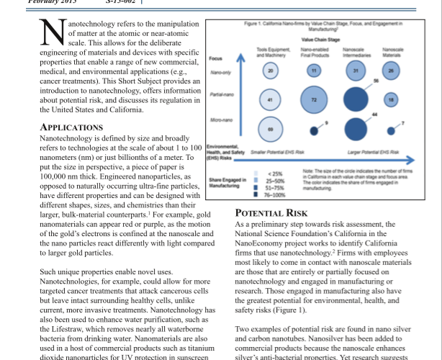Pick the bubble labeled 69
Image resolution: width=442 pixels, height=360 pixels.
[270, 128]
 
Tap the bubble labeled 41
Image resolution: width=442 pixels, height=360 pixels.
[270, 99]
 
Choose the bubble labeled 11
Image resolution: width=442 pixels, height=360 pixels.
[313, 71]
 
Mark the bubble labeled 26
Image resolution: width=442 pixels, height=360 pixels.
[392, 71]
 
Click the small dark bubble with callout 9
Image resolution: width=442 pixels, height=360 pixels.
[313, 131]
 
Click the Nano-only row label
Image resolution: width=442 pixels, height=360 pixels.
[220, 72]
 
